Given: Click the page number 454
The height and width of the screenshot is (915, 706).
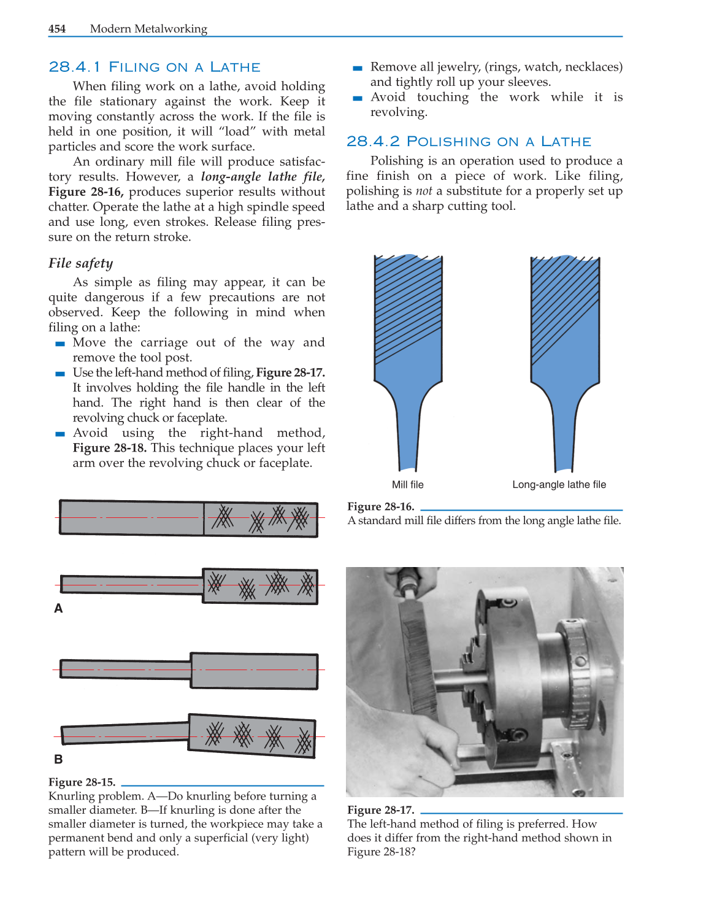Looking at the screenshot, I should coord(57,29).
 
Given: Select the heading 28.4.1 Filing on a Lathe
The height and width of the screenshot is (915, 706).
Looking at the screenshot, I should coord(155,67).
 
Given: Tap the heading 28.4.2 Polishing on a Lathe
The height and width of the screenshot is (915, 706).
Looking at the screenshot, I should coord(469,142).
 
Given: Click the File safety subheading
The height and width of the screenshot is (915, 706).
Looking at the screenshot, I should coord(81,263).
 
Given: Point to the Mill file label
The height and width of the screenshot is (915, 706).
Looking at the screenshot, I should coord(408,485).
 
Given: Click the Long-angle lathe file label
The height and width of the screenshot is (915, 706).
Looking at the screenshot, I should coord(559,485).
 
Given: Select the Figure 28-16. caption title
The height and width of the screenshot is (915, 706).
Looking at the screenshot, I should coord(381,506).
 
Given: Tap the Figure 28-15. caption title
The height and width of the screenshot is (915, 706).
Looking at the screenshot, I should coord(82,782).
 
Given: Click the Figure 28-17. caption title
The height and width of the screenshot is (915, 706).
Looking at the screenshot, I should coord(381,809).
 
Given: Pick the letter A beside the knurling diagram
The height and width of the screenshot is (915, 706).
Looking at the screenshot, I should coord(58,608).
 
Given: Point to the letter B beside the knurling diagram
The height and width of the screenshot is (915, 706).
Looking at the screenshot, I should coord(58,759).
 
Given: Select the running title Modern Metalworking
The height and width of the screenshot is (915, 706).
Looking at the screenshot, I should coord(148,29).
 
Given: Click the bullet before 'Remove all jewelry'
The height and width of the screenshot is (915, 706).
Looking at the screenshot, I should coord(358,68).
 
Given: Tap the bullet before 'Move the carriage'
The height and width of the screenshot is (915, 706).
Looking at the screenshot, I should coord(60,344).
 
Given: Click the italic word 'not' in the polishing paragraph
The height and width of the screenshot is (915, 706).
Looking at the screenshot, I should coord(424,191).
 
